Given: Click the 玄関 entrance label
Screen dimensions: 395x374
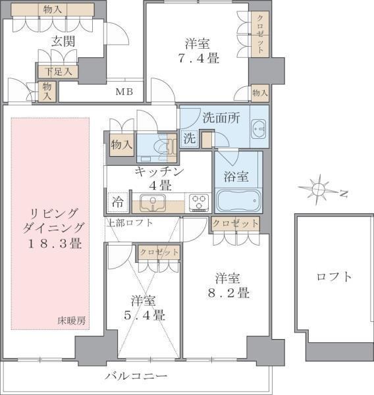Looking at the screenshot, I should [64, 41].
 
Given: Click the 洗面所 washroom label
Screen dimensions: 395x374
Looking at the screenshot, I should [221, 119].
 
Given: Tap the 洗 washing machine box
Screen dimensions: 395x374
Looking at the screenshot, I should [189, 140].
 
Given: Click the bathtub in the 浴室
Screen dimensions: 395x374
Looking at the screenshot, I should [238, 199].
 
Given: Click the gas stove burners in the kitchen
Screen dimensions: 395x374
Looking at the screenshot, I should [199, 203].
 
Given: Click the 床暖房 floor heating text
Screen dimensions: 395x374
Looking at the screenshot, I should [72, 321].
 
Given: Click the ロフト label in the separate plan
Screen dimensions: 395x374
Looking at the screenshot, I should [334, 276].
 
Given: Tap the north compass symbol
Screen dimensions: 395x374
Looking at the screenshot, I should [319, 190].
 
